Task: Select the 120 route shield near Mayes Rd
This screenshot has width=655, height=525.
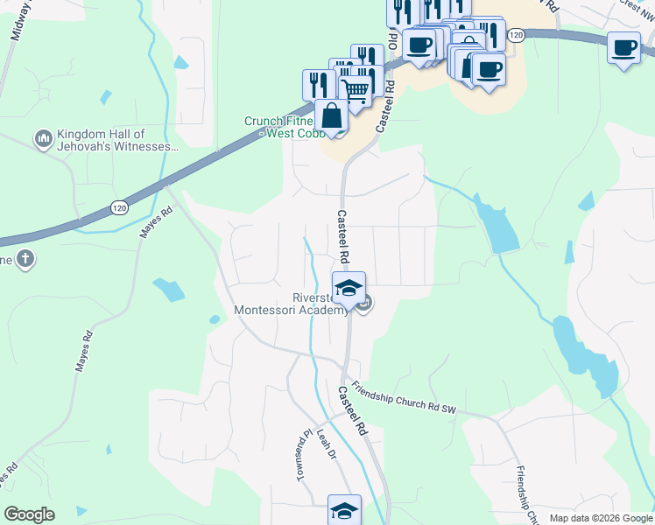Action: pyautogui.click(x=120, y=207)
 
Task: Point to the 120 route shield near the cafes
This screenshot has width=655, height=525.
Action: pyautogui.click(x=517, y=34)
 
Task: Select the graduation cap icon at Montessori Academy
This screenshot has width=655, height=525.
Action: pyautogui.click(x=349, y=288)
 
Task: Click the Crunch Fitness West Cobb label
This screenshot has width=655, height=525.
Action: pyautogui.click(x=278, y=128)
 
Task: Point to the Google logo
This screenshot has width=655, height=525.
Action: pyautogui.click(x=29, y=514)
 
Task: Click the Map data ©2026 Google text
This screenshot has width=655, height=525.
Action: pyautogui.click(x=600, y=518)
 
